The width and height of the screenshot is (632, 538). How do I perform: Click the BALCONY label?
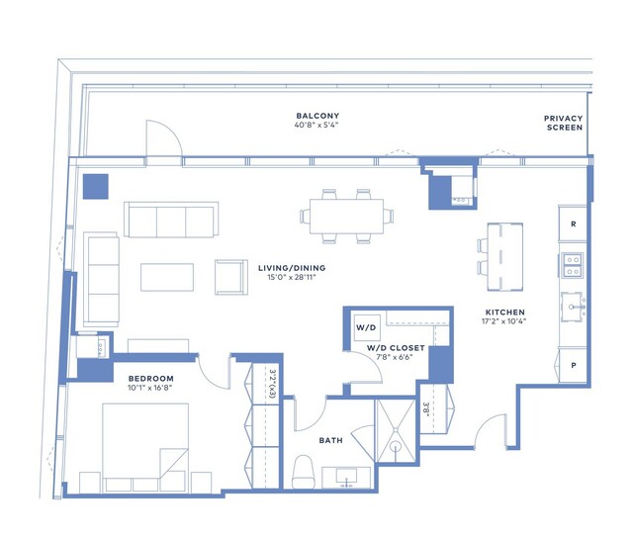317,116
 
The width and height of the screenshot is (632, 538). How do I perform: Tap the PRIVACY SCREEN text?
563,123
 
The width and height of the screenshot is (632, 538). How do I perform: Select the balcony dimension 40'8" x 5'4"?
316,125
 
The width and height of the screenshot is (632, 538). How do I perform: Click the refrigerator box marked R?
573,224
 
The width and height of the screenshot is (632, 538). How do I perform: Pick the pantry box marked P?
573,365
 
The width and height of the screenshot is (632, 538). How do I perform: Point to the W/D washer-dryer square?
366,327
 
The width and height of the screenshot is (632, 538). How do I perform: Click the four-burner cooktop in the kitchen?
573,265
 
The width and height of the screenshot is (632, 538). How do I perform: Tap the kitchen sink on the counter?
573,308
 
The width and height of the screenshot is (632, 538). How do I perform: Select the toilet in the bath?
303,472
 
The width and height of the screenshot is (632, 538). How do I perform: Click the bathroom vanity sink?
346,478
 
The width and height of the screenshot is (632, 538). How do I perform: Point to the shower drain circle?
396,446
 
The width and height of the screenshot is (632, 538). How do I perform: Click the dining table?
346,217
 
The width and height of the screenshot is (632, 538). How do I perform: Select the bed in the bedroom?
145,447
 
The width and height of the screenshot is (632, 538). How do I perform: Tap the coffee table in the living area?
167,277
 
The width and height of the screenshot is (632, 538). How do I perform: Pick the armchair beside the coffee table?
231,277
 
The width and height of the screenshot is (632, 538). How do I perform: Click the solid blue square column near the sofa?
96,187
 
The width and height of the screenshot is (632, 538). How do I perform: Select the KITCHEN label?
505,313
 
